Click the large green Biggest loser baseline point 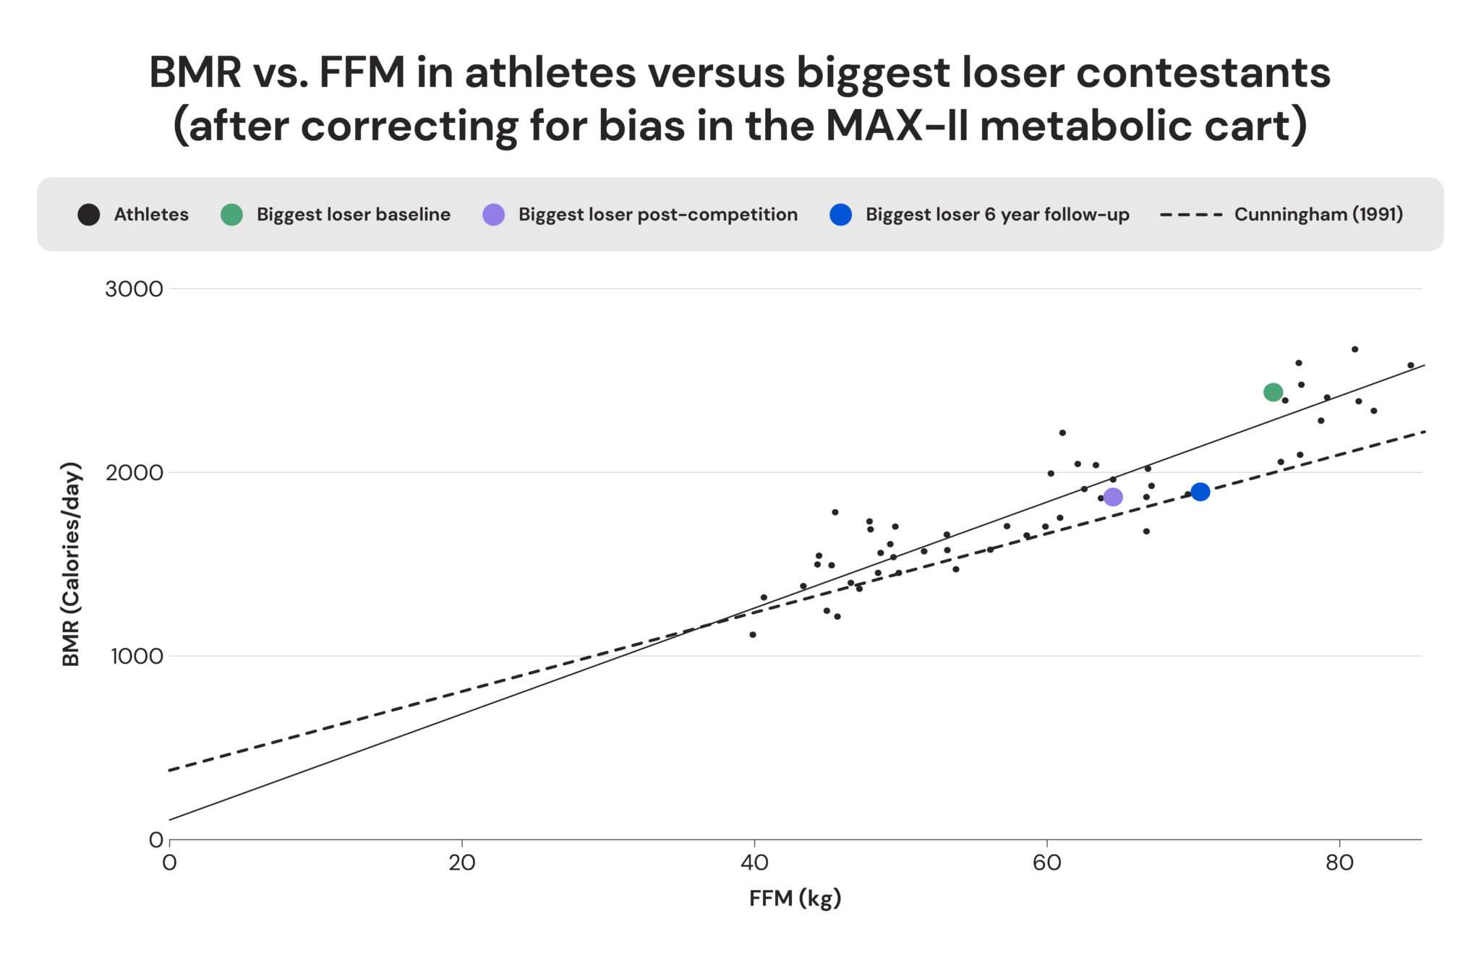[x=1273, y=392]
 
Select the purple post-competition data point [x=1113, y=497]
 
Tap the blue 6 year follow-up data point [x=1200, y=492]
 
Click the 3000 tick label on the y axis [x=135, y=289]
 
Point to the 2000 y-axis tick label [x=135, y=473]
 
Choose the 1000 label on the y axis [x=137, y=657]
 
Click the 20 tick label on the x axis [x=461, y=863]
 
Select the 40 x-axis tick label [x=754, y=863]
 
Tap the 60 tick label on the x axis [x=1046, y=863]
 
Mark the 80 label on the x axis [x=1339, y=863]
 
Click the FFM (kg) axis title [x=795, y=898]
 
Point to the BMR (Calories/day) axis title [x=71, y=564]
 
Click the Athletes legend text [x=151, y=215]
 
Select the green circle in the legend [x=231, y=215]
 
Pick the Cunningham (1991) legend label [x=1318, y=215]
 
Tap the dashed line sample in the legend [x=1191, y=215]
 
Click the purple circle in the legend [x=493, y=215]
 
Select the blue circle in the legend [x=840, y=215]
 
